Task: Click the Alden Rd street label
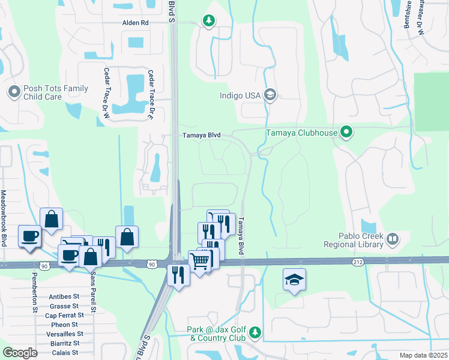(135, 22)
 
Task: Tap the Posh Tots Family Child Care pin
(14, 92)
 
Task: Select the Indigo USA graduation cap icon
(270, 94)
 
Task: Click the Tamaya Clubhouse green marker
(346, 132)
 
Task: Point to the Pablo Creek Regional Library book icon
(393, 240)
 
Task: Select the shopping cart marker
(199, 260)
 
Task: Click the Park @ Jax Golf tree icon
(255, 332)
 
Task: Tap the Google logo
(20, 353)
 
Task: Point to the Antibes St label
(64, 296)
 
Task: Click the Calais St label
(65, 352)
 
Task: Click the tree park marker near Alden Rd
(208, 21)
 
